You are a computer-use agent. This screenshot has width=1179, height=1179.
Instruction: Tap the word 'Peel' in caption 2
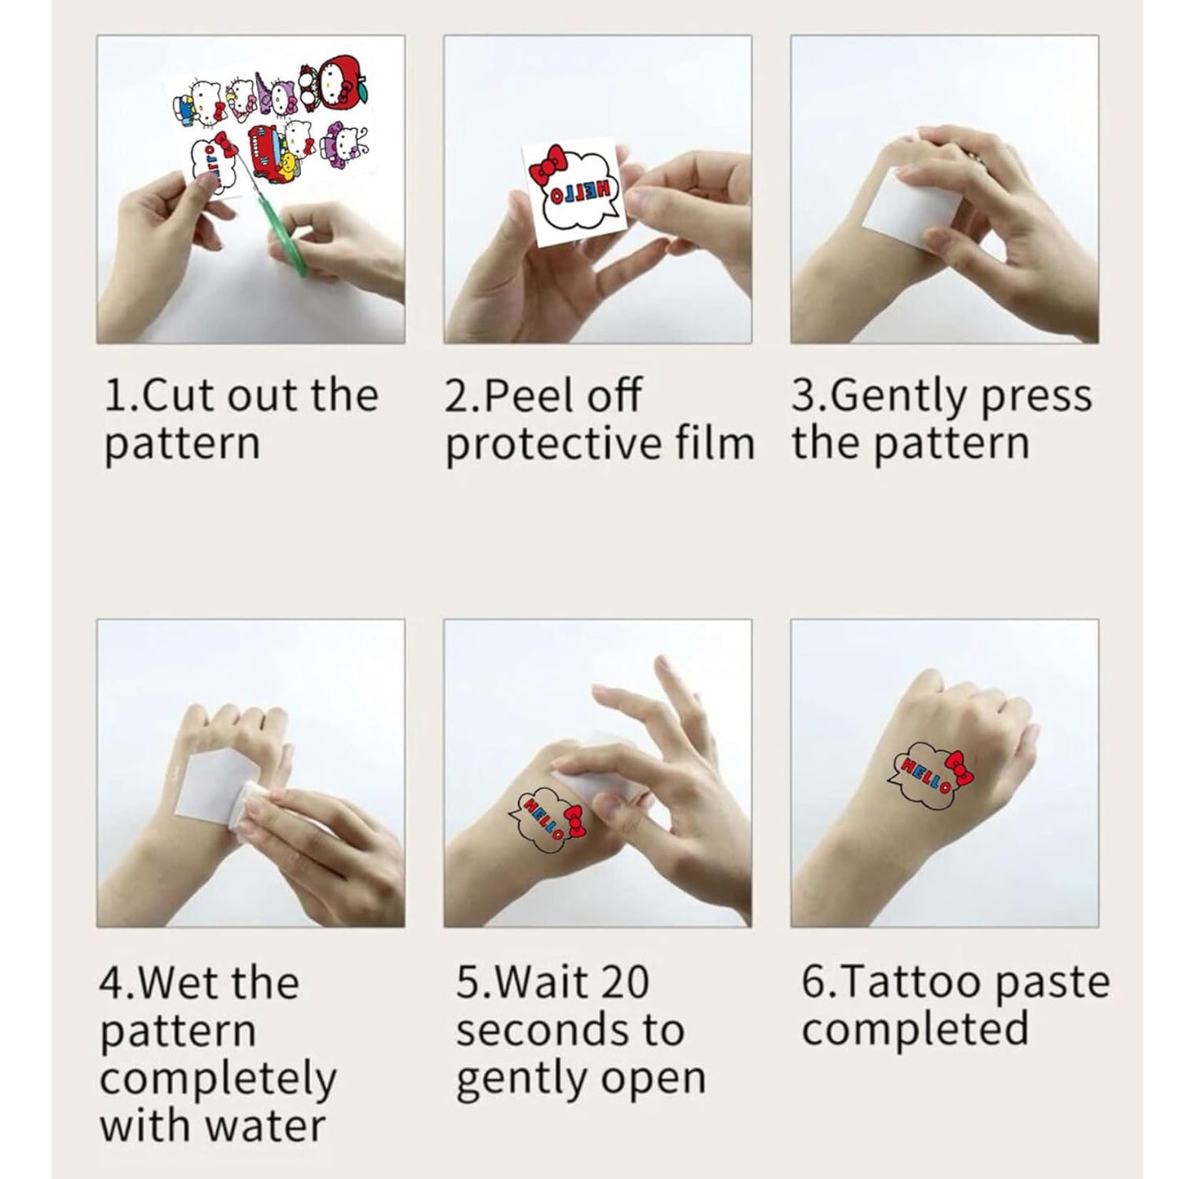[531, 397]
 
